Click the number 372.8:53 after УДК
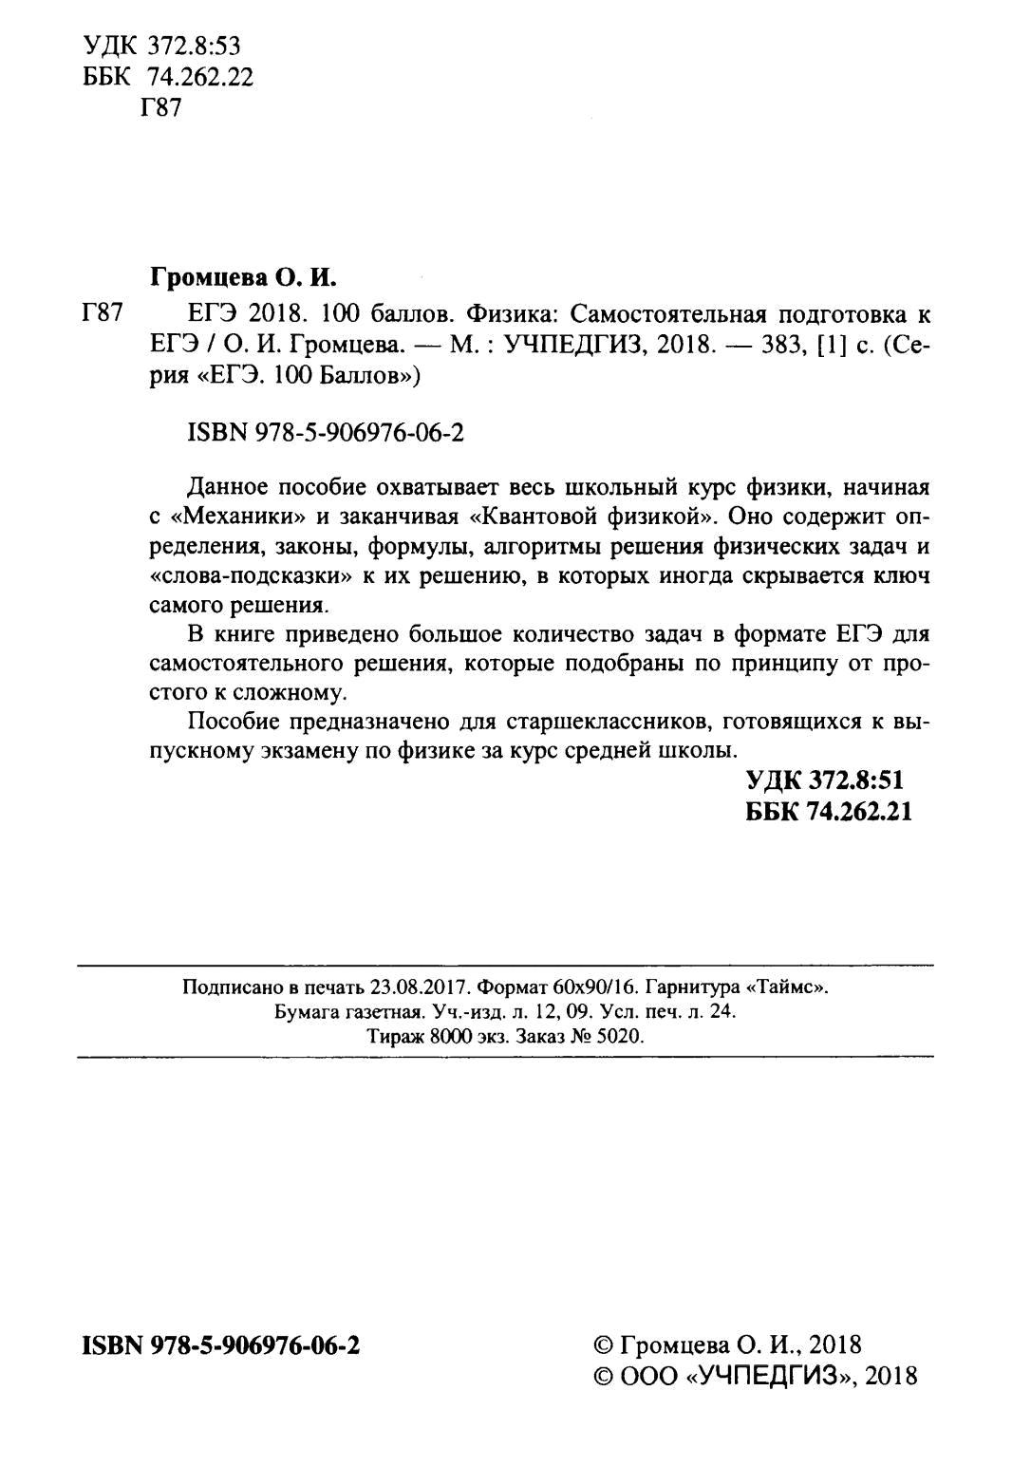[x=195, y=46]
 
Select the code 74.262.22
[x=200, y=77]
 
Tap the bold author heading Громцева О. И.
[x=243, y=278]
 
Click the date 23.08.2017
[x=416, y=987]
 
